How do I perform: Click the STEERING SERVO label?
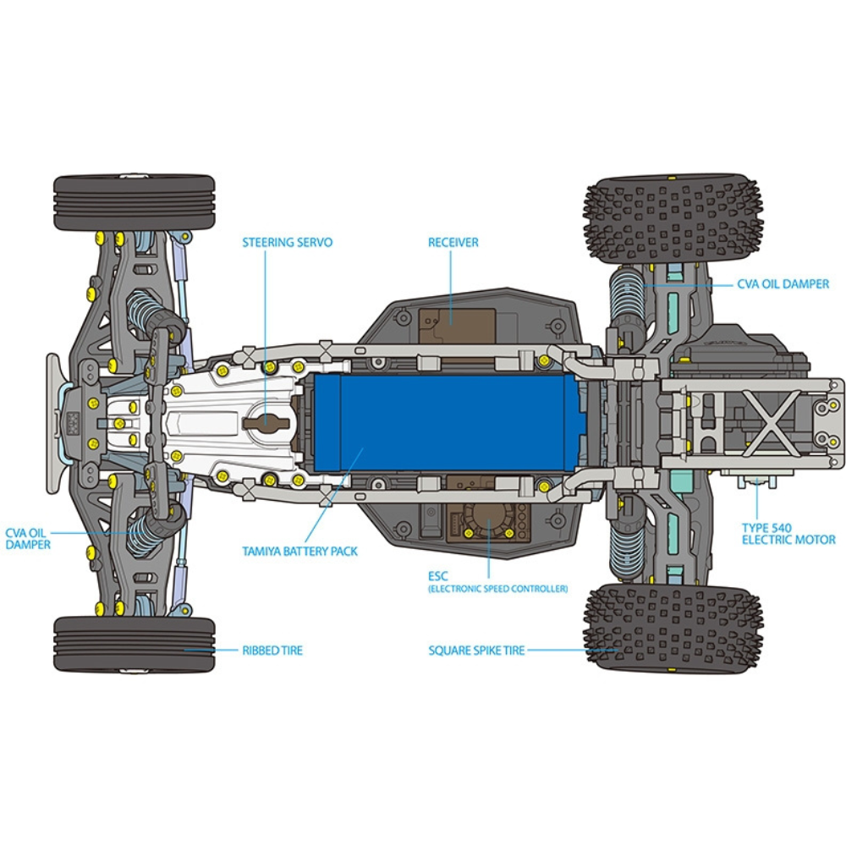(287, 242)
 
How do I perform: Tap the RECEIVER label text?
(453, 242)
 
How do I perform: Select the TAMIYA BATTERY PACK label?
(300, 551)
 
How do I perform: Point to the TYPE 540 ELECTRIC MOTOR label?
(788, 534)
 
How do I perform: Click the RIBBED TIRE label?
(272, 650)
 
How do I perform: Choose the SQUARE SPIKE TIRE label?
(476, 650)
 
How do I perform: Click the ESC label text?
(437, 575)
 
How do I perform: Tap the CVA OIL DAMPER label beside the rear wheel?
(783, 283)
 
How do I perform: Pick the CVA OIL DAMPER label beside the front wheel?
(28, 539)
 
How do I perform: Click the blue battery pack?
(447, 422)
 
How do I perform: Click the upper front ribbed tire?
(135, 202)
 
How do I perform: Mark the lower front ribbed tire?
(135, 645)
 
